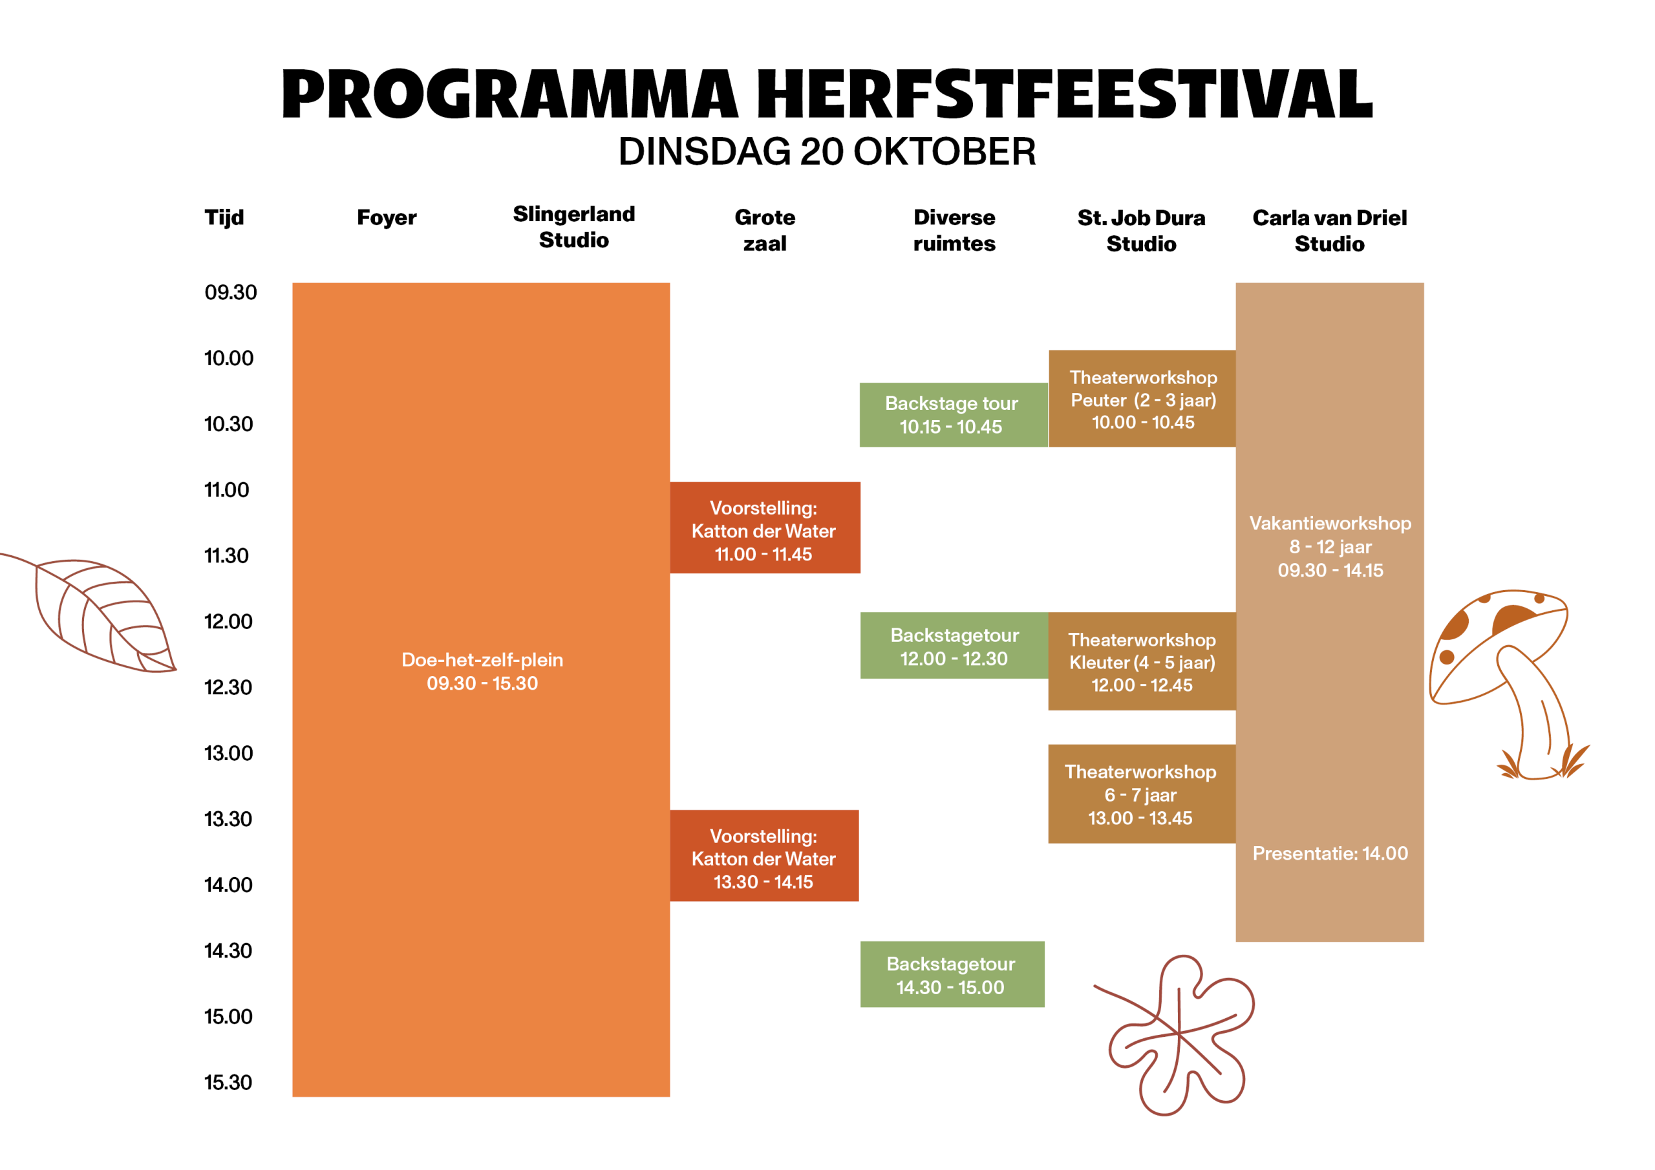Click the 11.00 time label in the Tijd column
[226, 490]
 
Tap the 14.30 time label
[228, 951]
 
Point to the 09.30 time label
[231, 292]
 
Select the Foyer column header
[387, 218]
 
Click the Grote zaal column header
[765, 231]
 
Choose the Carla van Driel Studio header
[1329, 231]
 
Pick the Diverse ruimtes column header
[954, 231]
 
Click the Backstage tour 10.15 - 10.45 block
[954, 415]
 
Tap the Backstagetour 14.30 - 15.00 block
[952, 975]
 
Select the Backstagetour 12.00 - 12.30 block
[954, 646]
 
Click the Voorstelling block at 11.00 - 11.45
[765, 527]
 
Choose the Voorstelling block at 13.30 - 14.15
[764, 856]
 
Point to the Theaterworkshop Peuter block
[1142, 399]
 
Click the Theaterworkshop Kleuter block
[1142, 662]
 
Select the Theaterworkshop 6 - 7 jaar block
[1142, 794]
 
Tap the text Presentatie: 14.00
[1330, 853]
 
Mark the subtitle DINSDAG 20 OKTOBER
[827, 151]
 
